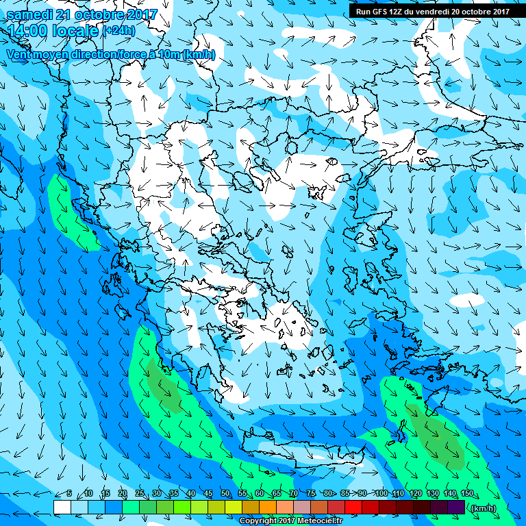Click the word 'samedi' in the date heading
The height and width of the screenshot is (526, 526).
[x=29, y=14]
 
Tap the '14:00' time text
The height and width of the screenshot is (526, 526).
[x=28, y=31]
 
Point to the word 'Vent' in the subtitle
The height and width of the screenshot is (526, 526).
[x=20, y=54]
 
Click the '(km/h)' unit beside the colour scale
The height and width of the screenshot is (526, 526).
[x=483, y=508]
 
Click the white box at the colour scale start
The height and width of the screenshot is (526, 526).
[x=62, y=507]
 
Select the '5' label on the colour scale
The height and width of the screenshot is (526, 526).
[x=69, y=494]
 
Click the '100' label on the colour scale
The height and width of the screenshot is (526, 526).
[x=381, y=494]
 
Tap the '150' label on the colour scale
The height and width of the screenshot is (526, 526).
[x=467, y=494]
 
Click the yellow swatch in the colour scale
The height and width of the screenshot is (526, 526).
[x=233, y=507]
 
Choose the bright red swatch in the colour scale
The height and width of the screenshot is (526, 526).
[x=353, y=507]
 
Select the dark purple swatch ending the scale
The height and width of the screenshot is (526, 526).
[x=456, y=507]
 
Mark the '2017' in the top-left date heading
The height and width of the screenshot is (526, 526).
[x=138, y=14]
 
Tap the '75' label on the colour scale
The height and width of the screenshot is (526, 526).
[x=310, y=494]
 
